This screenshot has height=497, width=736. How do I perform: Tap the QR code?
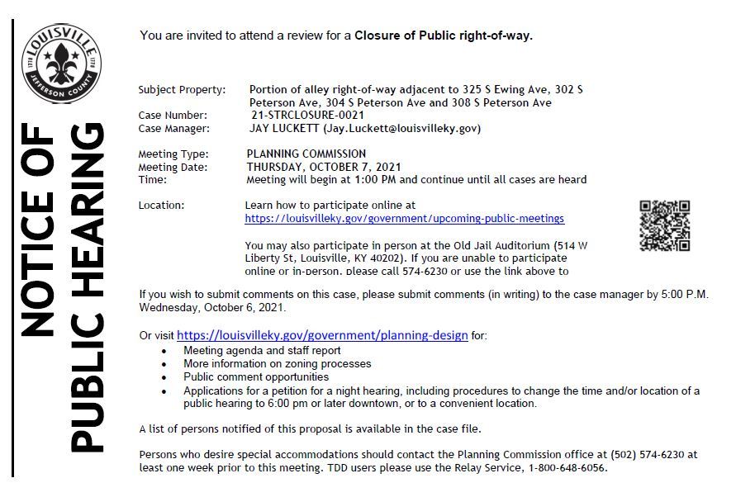click(664, 225)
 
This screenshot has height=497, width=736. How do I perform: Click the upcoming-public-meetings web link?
click(405, 219)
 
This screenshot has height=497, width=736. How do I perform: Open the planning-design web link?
click(322, 335)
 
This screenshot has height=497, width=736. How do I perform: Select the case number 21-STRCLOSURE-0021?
click(306, 116)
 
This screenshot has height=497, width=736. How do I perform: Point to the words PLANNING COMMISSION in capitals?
click(306, 154)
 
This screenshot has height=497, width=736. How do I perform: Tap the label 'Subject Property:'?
click(182, 89)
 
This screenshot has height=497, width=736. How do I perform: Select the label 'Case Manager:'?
click(174, 128)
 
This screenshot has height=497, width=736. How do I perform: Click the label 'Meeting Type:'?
click(173, 154)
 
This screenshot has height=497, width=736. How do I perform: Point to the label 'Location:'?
click(162, 205)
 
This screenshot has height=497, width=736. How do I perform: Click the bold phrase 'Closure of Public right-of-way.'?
click(444, 35)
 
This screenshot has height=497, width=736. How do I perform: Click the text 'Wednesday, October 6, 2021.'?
click(213, 307)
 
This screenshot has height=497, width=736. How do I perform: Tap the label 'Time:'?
click(153, 179)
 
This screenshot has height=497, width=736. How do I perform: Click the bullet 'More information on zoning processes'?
click(278, 363)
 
